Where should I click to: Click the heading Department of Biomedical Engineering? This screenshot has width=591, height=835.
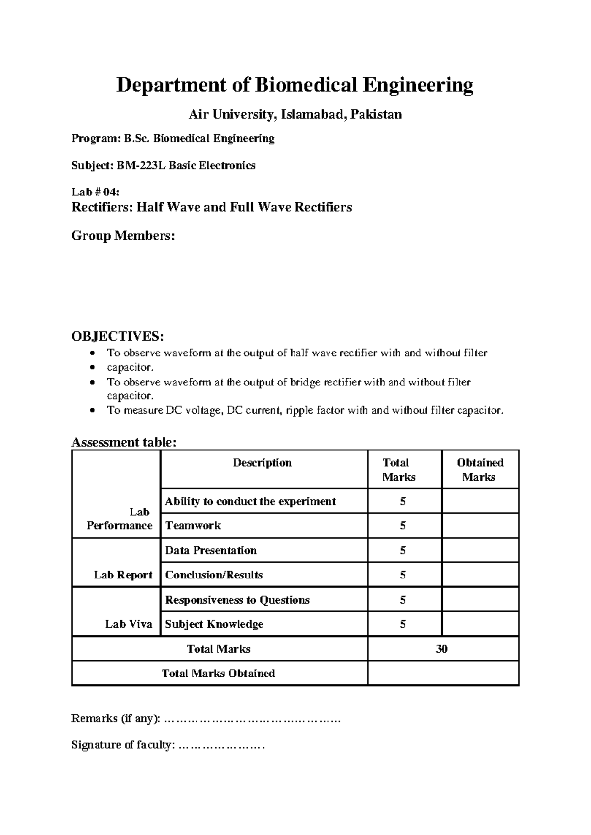(x=295, y=85)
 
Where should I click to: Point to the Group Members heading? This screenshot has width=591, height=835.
(x=123, y=236)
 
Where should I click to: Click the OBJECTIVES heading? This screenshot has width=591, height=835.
(x=117, y=336)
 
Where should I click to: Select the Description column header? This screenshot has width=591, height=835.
(x=262, y=463)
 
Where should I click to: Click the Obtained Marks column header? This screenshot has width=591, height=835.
(x=480, y=470)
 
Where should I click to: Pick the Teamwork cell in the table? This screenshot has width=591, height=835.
(x=193, y=526)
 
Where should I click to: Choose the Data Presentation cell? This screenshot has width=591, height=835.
(x=211, y=550)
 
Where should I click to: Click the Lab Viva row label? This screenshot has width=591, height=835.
(x=129, y=624)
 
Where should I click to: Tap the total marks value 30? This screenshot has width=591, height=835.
(x=441, y=649)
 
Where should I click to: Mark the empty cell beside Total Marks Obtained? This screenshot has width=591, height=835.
(x=443, y=673)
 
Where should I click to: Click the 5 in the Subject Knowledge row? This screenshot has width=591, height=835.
(x=403, y=624)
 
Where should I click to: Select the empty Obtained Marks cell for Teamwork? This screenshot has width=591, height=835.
(x=480, y=526)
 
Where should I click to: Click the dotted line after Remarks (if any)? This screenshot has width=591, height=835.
(x=252, y=719)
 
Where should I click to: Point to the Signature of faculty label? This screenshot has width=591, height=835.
(x=123, y=745)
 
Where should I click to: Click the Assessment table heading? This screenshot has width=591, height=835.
(x=124, y=442)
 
